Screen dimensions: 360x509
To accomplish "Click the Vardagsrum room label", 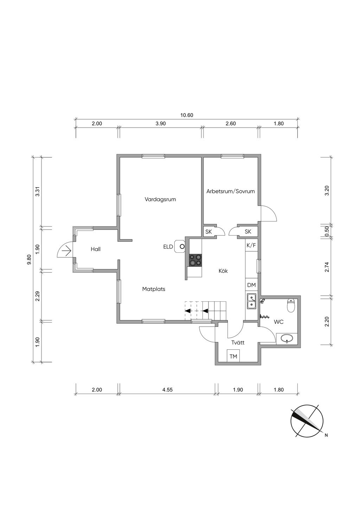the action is (160, 200).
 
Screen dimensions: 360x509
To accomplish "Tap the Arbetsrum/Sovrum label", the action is (231, 191).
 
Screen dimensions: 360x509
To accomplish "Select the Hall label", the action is (96, 249).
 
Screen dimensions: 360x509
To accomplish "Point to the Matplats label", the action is (154, 289).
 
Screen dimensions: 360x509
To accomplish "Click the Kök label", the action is (223, 271).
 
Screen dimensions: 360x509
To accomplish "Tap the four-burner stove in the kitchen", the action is (195, 260).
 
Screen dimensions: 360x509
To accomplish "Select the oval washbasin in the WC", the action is (287, 339).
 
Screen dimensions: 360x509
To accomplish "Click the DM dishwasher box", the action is (251, 285).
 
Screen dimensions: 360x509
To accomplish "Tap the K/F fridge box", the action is (251, 245).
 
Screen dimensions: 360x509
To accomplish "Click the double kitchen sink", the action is (252, 301).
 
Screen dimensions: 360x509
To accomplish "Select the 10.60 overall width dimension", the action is (187, 115).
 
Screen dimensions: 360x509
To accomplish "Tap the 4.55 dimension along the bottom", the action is (167, 390).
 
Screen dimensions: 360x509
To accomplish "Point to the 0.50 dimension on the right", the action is (327, 231).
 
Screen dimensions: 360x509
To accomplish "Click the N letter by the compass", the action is (326, 435).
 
